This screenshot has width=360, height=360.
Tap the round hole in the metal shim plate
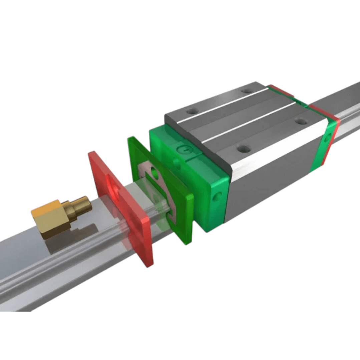point(154,173)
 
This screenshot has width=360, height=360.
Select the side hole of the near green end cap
point(219,195)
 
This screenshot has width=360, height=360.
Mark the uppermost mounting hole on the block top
point(247,90)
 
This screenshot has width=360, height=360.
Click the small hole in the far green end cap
point(328,137)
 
